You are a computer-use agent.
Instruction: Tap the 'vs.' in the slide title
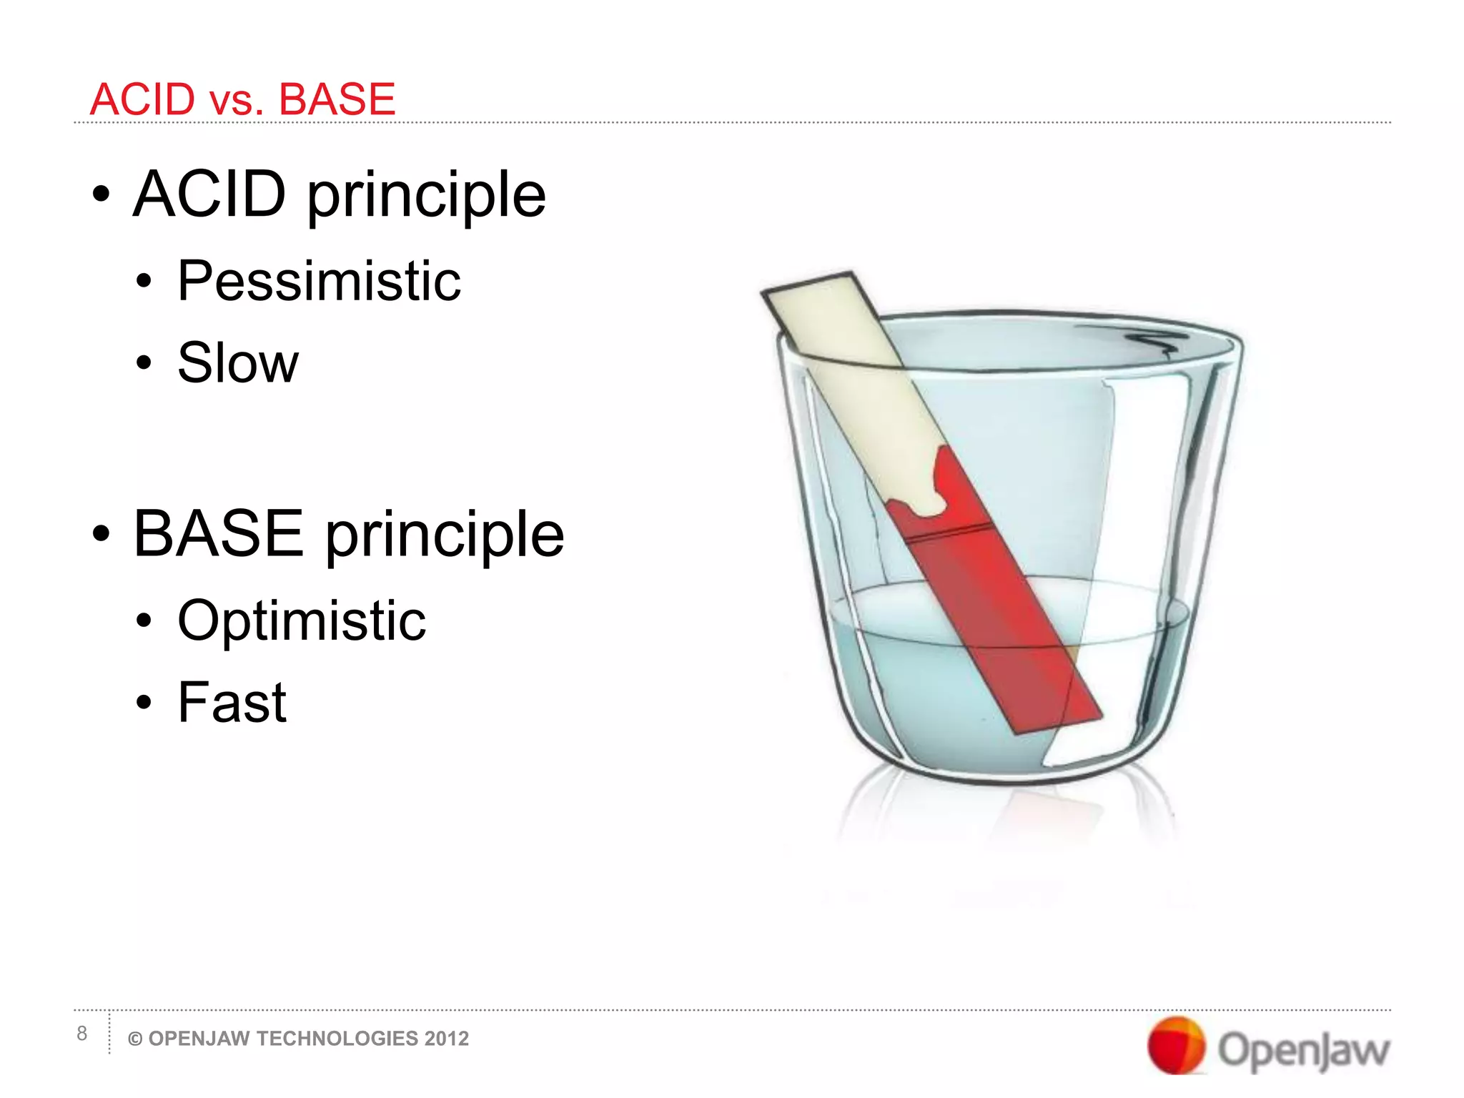click(236, 102)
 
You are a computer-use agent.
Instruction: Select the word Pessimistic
click(319, 281)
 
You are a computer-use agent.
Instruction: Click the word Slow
click(237, 363)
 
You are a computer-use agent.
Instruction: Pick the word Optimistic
click(301, 620)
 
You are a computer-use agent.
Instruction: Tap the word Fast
click(232, 702)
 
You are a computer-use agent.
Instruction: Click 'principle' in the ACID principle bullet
click(427, 197)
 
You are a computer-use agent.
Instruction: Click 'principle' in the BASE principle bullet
click(445, 536)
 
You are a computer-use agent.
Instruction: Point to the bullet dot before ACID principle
click(102, 194)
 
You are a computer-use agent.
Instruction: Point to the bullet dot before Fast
click(144, 703)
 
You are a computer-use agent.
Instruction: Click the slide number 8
click(82, 1034)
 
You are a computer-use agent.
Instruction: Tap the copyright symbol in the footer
click(134, 1039)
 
